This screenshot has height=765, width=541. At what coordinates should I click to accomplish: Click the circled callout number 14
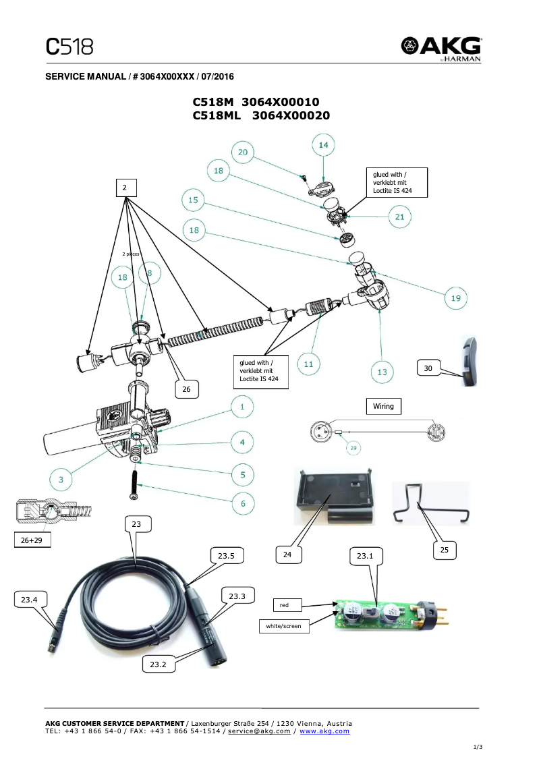click(x=324, y=146)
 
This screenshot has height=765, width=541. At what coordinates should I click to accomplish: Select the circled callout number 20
click(x=243, y=152)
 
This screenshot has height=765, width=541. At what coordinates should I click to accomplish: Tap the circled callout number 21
click(x=399, y=217)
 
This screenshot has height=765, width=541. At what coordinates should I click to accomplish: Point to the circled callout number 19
click(x=455, y=297)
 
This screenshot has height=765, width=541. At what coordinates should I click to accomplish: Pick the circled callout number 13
click(x=381, y=370)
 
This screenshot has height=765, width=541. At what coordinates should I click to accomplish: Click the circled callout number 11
click(x=308, y=364)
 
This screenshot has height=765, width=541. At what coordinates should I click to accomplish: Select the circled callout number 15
click(x=194, y=200)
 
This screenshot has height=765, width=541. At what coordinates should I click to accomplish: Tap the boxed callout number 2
click(x=125, y=188)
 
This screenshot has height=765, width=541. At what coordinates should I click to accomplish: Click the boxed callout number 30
click(x=428, y=368)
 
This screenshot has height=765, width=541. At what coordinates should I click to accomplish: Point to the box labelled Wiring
click(x=383, y=406)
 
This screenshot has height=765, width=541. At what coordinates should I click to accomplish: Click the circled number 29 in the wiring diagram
click(x=352, y=447)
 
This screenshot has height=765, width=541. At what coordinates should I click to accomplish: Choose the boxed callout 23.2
click(x=158, y=664)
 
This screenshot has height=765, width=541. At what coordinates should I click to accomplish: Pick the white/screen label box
click(x=283, y=626)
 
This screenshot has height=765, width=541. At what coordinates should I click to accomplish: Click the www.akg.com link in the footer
click(x=324, y=731)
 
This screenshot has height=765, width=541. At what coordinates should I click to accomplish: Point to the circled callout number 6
click(x=243, y=503)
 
